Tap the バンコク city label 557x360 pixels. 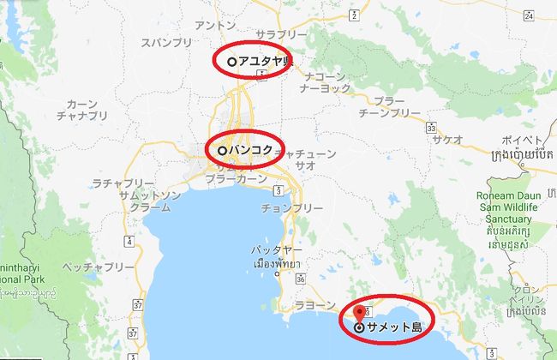pyautogui.click(x=251, y=150)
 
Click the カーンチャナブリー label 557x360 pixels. pyautogui.click(x=83, y=109)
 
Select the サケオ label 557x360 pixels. pyautogui.click(x=448, y=138)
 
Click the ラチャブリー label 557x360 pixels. pyautogui.click(x=123, y=184)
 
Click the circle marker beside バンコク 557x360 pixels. pyautogui.click(x=222, y=150)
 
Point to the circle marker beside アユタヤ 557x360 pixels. pyautogui.click(x=232, y=62)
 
